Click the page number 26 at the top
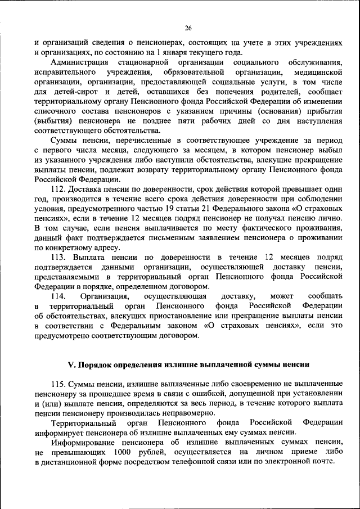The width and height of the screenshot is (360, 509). (x=188, y=28)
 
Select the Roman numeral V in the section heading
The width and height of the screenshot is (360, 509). (x=71, y=364)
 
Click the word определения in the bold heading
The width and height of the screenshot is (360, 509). (x=139, y=364)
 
